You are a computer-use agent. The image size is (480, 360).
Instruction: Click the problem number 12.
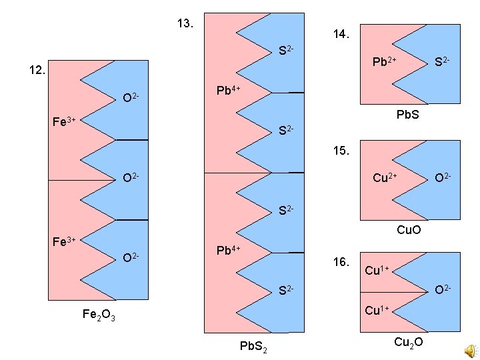pos(37,70)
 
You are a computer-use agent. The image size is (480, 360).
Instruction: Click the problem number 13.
pos(186,24)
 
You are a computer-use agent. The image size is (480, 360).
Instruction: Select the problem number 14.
pos(341,34)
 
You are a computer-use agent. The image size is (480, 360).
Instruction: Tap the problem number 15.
pos(341,151)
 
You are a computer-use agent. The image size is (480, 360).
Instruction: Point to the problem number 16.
pos(341,262)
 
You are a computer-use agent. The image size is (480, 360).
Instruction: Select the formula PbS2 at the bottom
pos(254,346)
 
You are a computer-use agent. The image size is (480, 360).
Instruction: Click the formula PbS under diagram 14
pos(409,115)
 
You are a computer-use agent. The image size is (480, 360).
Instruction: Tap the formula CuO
pos(409,231)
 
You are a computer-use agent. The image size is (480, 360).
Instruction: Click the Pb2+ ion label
pos(385,62)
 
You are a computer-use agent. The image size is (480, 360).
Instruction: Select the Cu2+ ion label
pos(385,177)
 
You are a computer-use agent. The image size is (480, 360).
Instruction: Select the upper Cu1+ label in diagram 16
pos(377,271)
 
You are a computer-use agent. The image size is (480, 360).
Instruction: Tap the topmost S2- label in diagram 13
pos(287,50)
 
